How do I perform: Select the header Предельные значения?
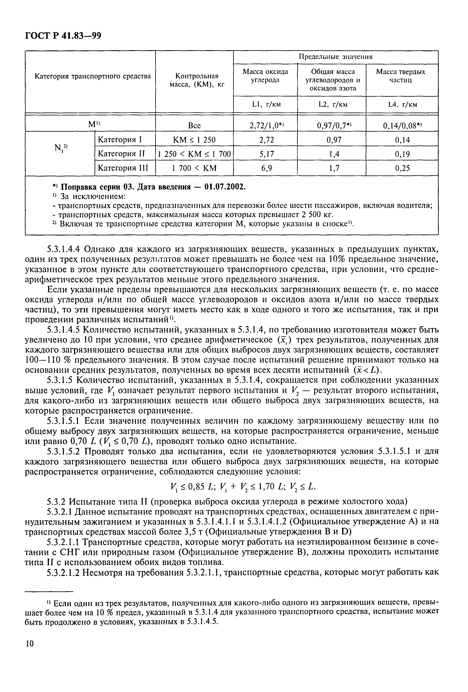(336, 57)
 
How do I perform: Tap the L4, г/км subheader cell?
(402, 104)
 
